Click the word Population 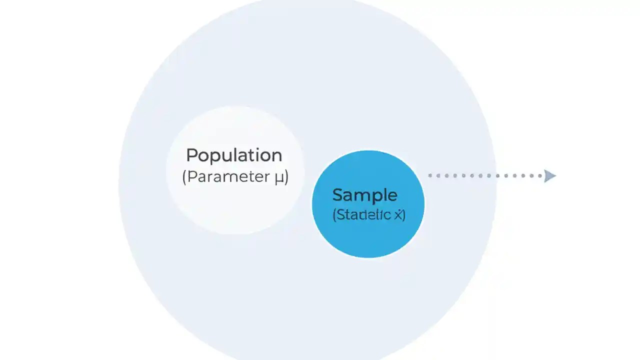[234, 155]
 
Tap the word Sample [364, 195]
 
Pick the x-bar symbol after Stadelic [398, 215]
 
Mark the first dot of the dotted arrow [430, 175]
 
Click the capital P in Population [191, 155]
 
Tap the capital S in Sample [337, 194]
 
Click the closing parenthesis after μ [286, 177]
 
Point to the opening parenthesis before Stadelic [334, 215]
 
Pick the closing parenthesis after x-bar [403, 215]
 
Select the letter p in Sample [374, 197]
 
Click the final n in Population [277, 156]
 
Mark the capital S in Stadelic [339, 215]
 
